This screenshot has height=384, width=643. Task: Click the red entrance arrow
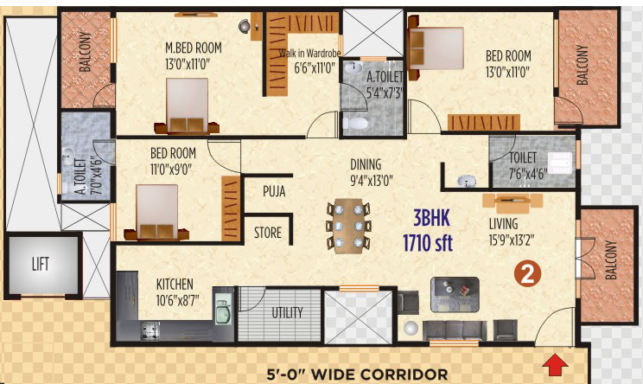click(555, 364)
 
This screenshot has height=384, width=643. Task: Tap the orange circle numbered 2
click(528, 273)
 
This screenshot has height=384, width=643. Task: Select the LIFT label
click(40, 264)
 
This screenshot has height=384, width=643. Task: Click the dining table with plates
click(348, 225)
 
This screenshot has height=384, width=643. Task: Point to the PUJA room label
click(274, 191)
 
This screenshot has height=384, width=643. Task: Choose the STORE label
click(268, 233)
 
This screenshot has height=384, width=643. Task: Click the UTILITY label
click(287, 312)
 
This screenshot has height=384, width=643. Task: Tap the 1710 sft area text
click(428, 242)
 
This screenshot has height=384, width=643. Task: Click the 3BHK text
click(431, 218)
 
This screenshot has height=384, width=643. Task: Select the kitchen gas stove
click(150, 330)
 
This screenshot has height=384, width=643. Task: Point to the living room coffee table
click(455, 295)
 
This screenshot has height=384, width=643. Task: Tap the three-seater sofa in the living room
click(455, 330)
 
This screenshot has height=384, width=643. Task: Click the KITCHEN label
click(175, 285)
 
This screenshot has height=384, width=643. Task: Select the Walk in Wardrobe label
click(309, 54)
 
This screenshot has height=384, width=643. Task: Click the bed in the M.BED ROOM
click(187, 106)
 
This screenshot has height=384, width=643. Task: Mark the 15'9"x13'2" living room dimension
click(512, 240)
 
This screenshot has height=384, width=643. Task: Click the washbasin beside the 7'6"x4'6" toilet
click(467, 181)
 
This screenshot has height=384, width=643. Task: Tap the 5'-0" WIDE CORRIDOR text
click(357, 374)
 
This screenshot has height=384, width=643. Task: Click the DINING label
click(366, 164)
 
